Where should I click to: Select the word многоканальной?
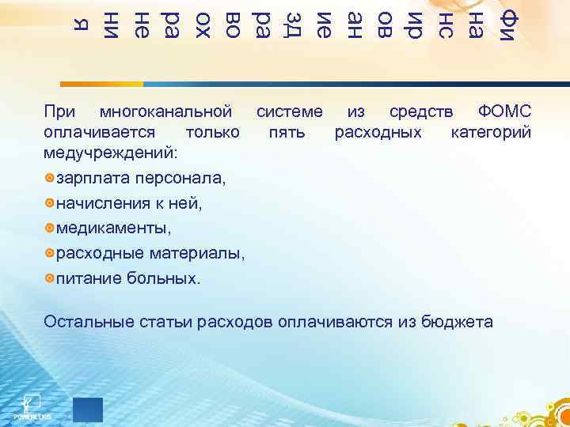coord(168,110)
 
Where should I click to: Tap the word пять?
coord(287,130)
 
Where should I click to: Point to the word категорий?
coord(491,130)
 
